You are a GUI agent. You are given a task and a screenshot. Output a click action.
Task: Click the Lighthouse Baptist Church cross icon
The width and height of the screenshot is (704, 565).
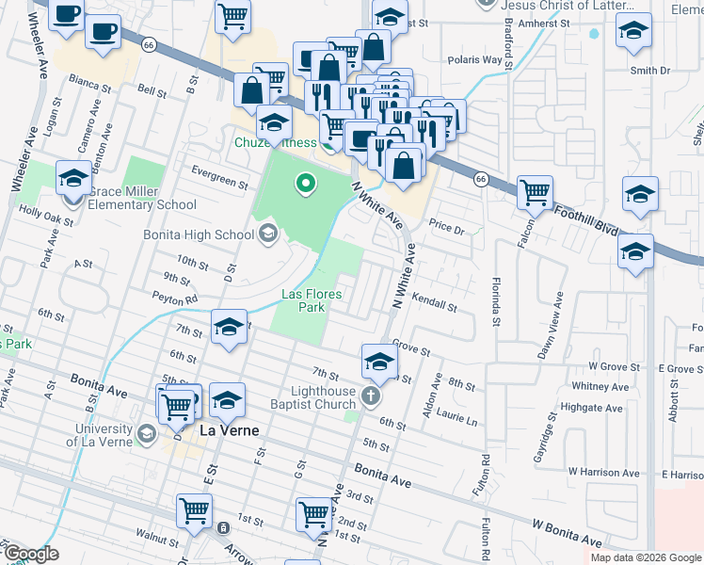[371, 395]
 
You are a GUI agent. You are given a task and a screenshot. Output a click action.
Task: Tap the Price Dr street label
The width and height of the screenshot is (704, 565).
[447, 228]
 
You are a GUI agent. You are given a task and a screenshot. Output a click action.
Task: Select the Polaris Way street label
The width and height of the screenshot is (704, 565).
[479, 59]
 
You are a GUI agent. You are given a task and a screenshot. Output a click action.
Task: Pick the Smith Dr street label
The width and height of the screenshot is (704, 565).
[649, 70]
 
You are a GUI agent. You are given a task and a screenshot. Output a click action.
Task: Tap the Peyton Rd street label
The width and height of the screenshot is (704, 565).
[176, 299]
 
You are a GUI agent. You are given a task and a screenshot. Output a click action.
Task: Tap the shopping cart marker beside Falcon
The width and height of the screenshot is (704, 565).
[535, 193]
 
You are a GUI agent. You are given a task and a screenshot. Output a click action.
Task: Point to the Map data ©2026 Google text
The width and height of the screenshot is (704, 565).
[645, 557]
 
